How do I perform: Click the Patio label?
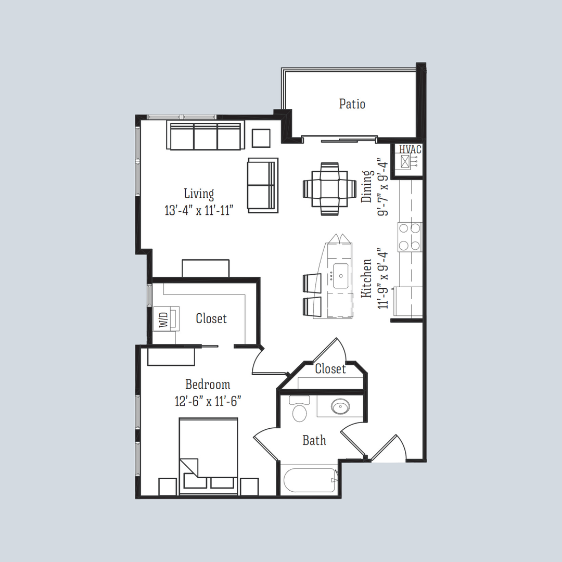[352, 104]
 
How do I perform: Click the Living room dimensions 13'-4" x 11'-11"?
[198, 211]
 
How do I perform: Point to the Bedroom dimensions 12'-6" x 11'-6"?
[208, 401]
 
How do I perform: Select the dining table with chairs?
[329, 188]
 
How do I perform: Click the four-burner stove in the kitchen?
[410, 237]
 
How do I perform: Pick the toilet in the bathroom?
[299, 410]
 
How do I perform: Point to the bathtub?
[309, 481]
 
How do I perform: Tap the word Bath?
[314, 441]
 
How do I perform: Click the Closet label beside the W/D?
[211, 318]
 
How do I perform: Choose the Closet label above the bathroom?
[330, 369]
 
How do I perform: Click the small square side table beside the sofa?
[261, 138]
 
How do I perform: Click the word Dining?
[367, 186]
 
